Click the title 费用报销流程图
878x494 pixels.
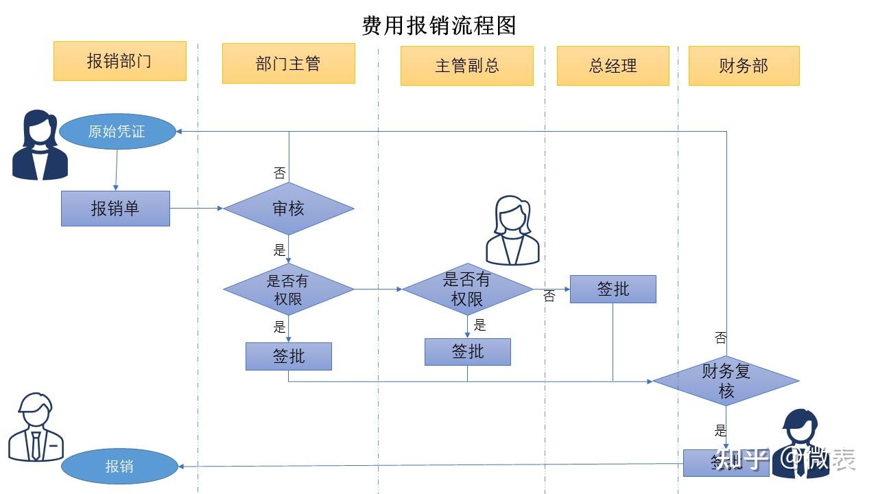pos(439,25)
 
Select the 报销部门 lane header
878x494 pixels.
pos(119,61)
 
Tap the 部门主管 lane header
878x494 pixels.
pos(288,64)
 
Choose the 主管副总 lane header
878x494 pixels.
pos(466,66)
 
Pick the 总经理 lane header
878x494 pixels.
pos(613,66)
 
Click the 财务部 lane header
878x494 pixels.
pos(744,66)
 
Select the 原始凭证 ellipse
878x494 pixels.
pos(117,131)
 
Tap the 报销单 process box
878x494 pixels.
pos(115,208)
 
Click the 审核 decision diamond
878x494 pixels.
pos(289,208)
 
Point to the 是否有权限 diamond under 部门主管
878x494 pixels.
pos(289,290)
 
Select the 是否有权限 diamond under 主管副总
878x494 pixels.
pos(467,289)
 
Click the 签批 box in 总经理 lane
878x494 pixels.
pos(613,289)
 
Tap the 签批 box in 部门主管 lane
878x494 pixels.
pos(289,356)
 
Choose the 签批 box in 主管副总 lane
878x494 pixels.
pos(467,351)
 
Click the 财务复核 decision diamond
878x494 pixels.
pos(726,380)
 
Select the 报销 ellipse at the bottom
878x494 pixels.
pos(119,467)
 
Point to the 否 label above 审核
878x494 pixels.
pos(279,173)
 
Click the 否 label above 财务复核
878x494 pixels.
pos(720,338)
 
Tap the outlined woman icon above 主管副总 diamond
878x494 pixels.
pos(512,231)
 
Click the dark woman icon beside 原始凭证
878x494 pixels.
pos(41,145)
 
